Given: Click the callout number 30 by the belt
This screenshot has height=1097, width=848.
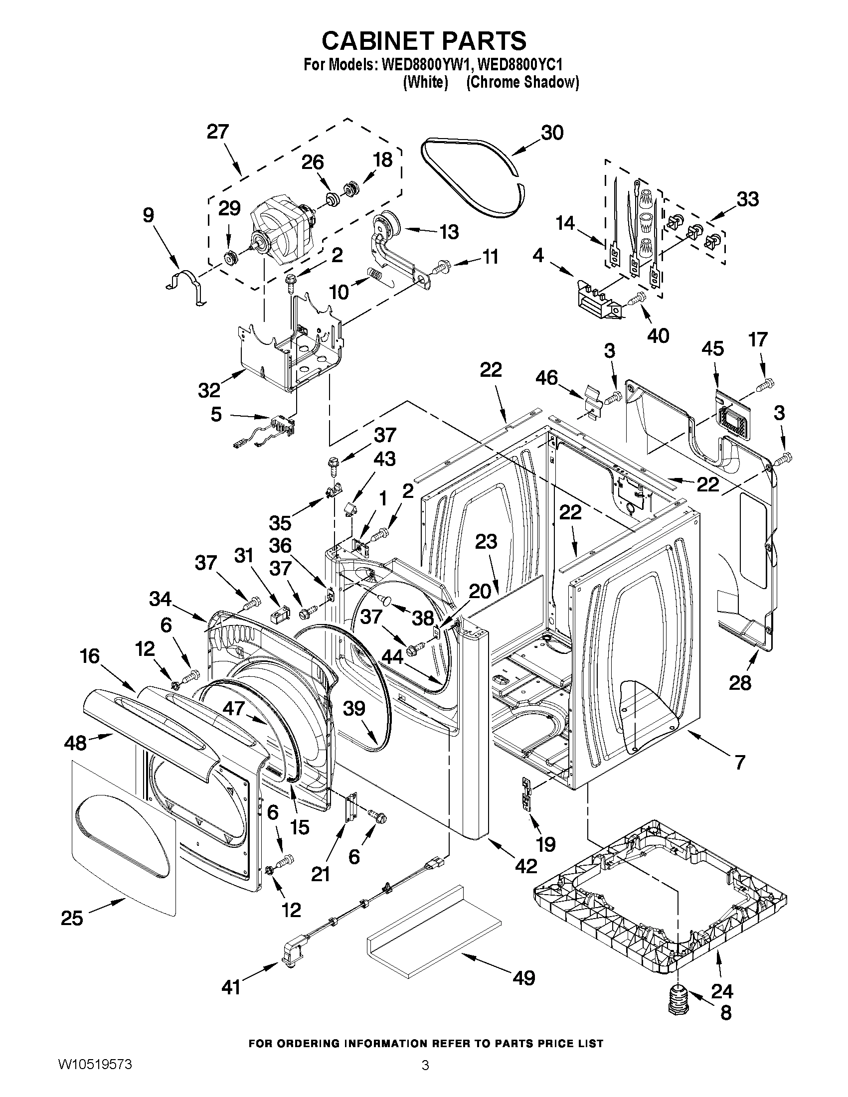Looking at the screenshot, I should coord(552,133).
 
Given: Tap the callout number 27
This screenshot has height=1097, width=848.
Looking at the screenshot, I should coord(217,132).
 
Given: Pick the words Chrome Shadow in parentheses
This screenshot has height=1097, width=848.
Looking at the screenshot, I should coord(522,83).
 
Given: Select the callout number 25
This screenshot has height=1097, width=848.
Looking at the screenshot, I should coord(72,918).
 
